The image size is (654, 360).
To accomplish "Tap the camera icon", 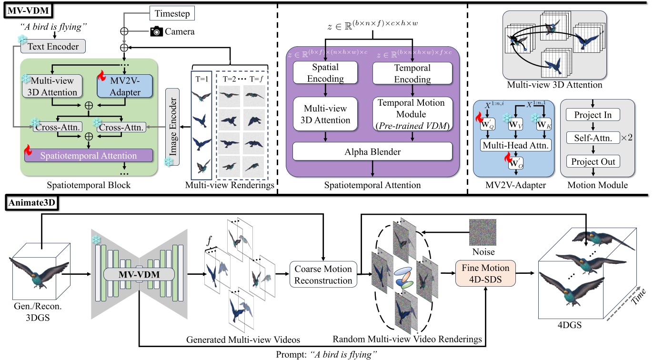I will coord(156,31).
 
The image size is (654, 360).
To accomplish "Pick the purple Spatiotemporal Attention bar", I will coord(88,156).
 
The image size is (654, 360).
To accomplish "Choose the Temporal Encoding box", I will coord(413,74).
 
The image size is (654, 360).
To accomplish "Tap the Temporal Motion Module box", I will coord(412,114).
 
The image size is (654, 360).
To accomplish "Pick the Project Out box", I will coord(593,161).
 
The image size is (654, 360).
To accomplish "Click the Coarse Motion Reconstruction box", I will coord(323,274).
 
